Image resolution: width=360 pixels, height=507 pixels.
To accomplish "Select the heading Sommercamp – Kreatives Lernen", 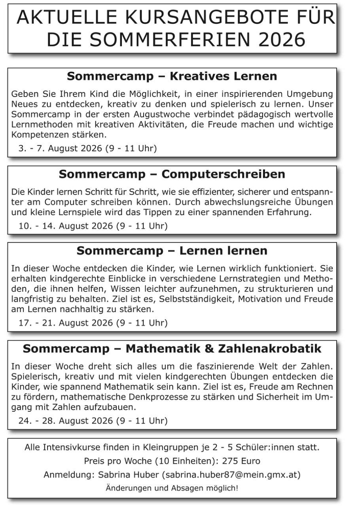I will pyautogui.click(x=172, y=76).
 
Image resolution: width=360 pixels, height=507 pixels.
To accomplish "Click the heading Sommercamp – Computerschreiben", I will pyautogui.click(x=172, y=174).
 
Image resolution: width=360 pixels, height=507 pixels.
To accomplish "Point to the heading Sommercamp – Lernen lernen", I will pyautogui.click(x=172, y=251).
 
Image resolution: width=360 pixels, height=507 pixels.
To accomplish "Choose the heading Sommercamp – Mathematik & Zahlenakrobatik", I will pyautogui.click(x=172, y=349).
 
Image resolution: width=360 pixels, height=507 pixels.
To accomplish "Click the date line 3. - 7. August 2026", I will pyautogui.click(x=87, y=149).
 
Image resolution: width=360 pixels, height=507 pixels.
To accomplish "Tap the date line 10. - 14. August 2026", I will pyautogui.click(x=93, y=226).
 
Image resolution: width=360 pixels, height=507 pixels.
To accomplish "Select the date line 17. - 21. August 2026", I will pyautogui.click(x=93, y=323).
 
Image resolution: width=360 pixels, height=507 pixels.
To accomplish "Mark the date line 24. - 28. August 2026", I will pyautogui.click(x=93, y=420).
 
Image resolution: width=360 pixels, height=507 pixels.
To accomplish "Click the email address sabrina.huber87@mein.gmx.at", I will pyautogui.click(x=231, y=474).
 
